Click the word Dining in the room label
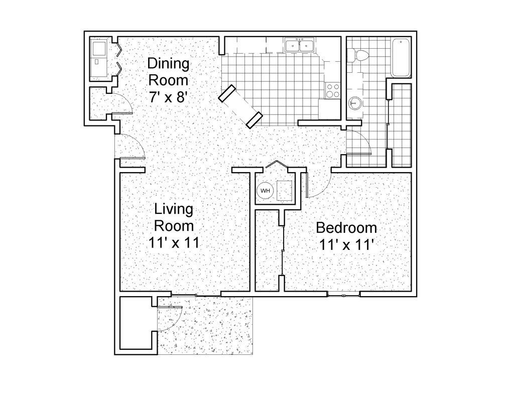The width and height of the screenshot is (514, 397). [x=168, y=64]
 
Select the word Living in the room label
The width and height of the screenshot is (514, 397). [x=173, y=208]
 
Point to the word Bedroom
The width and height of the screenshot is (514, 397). [x=346, y=228]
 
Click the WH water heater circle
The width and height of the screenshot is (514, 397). [x=265, y=191]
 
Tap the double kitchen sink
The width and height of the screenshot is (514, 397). [x=299, y=46]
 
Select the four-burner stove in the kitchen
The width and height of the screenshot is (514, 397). [x=333, y=90]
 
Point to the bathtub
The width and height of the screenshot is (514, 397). [x=401, y=57]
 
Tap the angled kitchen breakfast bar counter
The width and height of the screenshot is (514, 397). [x=240, y=105]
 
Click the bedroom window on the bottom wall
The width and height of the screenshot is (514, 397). [x=344, y=295]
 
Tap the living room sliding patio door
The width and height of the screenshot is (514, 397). [x=196, y=294]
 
